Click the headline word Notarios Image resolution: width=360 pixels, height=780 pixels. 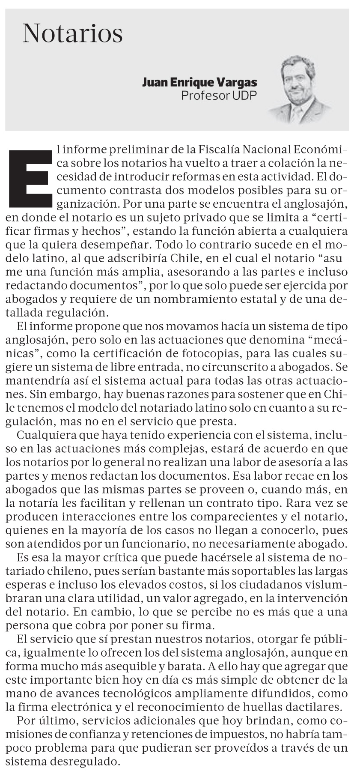(73, 33)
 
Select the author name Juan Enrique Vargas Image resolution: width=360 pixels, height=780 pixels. (199, 82)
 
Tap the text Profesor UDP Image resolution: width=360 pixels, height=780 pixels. (219, 95)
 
